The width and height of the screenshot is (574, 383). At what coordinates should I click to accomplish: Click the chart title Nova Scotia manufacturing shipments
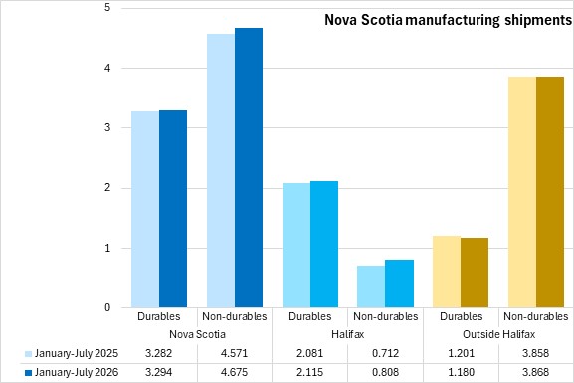[449, 20]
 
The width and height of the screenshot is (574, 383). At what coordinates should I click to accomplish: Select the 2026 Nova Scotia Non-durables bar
[249, 168]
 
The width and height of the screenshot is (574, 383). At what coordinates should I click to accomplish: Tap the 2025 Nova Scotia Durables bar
[145, 210]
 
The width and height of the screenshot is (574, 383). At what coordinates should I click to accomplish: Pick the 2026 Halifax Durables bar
[324, 245]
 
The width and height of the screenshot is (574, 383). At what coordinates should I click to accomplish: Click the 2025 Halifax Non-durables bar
[371, 287]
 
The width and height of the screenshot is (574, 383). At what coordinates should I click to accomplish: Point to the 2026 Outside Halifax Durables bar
[475, 273]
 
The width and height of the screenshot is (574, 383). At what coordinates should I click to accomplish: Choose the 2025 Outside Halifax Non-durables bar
[522, 192]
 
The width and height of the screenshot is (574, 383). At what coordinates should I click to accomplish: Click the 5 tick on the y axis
[107, 7]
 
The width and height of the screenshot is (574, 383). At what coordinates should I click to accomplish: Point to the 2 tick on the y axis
[107, 188]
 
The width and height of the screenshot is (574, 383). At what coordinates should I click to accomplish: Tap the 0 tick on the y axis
[107, 307]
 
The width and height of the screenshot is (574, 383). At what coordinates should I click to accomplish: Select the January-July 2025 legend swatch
[28, 354]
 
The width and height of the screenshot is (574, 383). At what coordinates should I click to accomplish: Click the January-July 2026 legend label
[77, 372]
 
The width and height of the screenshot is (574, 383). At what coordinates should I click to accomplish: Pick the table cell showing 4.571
[235, 353]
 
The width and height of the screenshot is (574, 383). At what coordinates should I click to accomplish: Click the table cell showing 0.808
[385, 372]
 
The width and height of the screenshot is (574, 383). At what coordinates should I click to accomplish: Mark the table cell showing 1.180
[462, 372]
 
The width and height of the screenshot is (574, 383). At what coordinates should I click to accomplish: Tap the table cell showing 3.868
[535, 372]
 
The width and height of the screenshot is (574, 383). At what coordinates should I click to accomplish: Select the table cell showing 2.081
[309, 353]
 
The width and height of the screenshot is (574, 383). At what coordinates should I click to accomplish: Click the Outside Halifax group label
[499, 334]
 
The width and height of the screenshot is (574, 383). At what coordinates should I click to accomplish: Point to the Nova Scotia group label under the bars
[197, 334]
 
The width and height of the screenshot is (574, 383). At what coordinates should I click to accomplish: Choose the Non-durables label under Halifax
[385, 316]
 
